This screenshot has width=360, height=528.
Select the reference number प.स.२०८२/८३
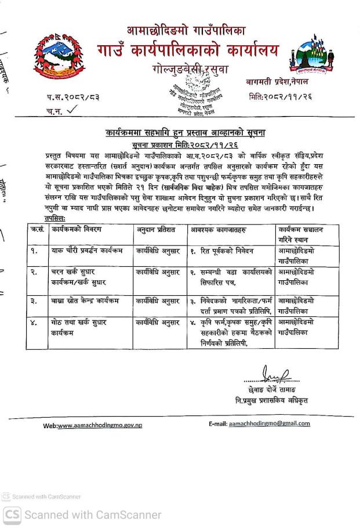click(73, 98)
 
